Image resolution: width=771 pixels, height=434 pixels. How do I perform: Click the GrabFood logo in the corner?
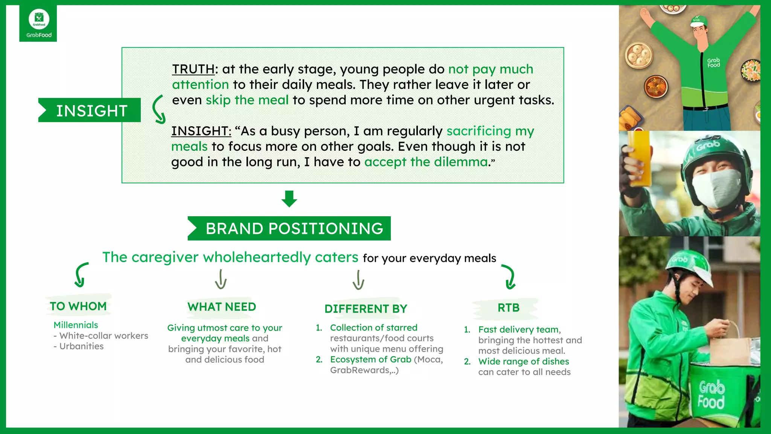point(38,23)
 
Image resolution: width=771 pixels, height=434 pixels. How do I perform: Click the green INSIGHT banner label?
point(90,110)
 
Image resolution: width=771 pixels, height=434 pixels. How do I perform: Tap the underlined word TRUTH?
point(193,69)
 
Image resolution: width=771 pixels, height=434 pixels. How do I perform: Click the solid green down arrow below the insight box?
point(289,199)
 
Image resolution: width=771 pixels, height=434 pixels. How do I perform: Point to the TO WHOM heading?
point(78,306)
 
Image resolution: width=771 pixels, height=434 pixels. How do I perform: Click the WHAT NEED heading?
point(222,307)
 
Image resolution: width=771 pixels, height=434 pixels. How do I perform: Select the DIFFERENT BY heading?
point(366,309)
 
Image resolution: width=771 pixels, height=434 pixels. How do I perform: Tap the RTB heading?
point(508,308)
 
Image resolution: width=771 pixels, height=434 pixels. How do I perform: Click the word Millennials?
point(76,325)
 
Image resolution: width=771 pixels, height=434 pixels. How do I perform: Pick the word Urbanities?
point(81,346)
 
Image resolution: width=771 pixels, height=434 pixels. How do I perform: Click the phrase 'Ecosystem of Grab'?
point(370,359)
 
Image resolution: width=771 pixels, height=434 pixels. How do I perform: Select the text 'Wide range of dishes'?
point(523,362)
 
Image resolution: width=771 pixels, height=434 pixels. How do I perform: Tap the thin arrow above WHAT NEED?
point(221,279)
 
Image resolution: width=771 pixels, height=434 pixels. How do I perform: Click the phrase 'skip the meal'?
point(247,100)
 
